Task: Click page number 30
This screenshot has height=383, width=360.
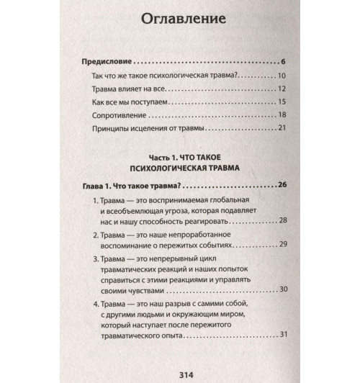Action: click(x=282, y=289)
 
